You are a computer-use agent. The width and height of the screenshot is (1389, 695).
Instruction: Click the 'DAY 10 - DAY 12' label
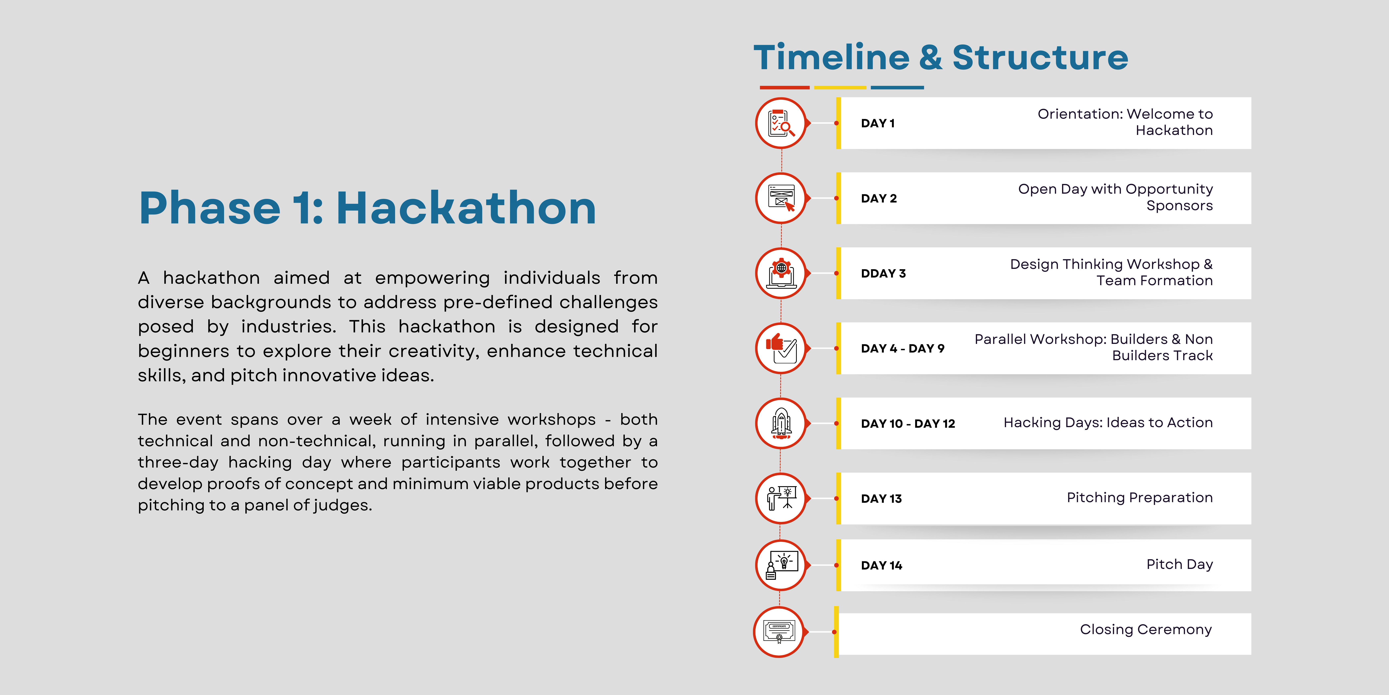click(x=908, y=424)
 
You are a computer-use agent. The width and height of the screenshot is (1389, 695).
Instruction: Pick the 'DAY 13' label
click(x=881, y=499)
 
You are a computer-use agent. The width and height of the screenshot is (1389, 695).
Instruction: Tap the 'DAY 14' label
click(x=881, y=565)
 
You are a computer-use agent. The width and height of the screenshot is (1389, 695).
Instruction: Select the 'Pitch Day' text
click(x=1180, y=564)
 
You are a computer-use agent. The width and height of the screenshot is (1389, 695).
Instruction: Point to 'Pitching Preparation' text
click(x=1140, y=498)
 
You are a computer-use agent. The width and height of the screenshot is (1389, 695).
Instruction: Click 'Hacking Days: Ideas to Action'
click(x=1108, y=423)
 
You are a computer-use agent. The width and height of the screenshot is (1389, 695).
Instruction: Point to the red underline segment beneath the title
click(x=785, y=87)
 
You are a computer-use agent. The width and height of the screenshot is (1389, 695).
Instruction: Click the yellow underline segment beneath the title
click(x=840, y=87)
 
